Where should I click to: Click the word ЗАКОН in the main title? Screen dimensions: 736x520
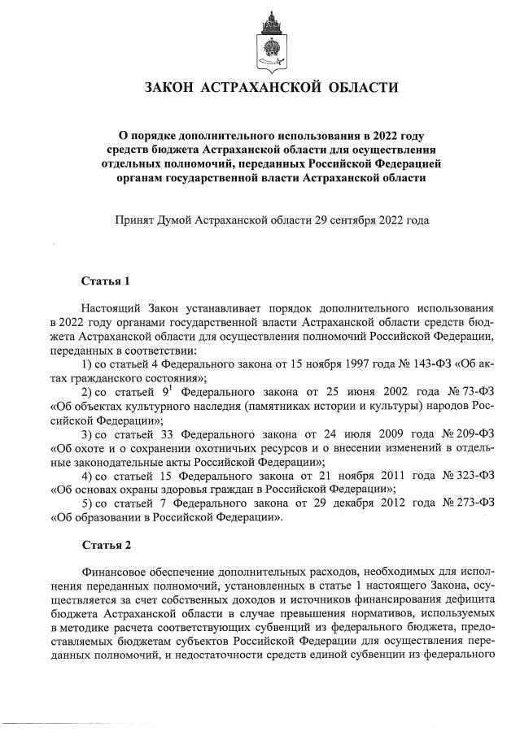(x=172, y=88)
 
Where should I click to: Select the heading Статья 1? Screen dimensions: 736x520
(x=105, y=281)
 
